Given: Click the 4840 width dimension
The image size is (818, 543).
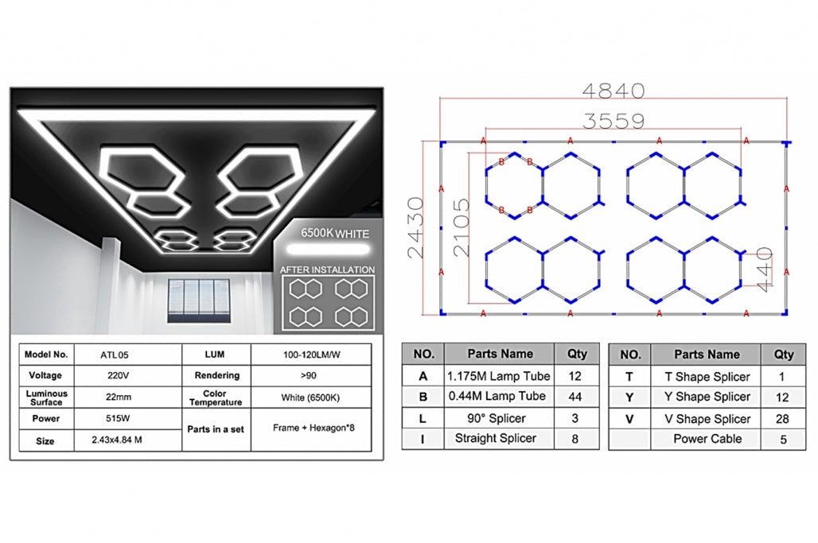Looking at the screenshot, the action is point(613,91).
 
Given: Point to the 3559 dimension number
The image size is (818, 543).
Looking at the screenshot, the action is point(613,121).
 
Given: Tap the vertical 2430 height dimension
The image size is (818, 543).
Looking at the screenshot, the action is point(416,227).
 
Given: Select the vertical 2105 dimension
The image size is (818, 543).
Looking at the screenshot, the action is point(462,227).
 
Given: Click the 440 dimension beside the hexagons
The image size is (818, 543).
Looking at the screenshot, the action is point(764,270).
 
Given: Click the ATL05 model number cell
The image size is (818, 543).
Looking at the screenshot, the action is point(115,355).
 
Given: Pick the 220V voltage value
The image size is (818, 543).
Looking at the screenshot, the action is point(119,375).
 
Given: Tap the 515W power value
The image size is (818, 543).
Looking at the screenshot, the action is point(118,418).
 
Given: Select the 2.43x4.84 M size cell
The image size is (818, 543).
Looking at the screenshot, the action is point(117,440).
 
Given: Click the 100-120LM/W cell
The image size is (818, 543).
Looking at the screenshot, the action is point(311,355).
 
